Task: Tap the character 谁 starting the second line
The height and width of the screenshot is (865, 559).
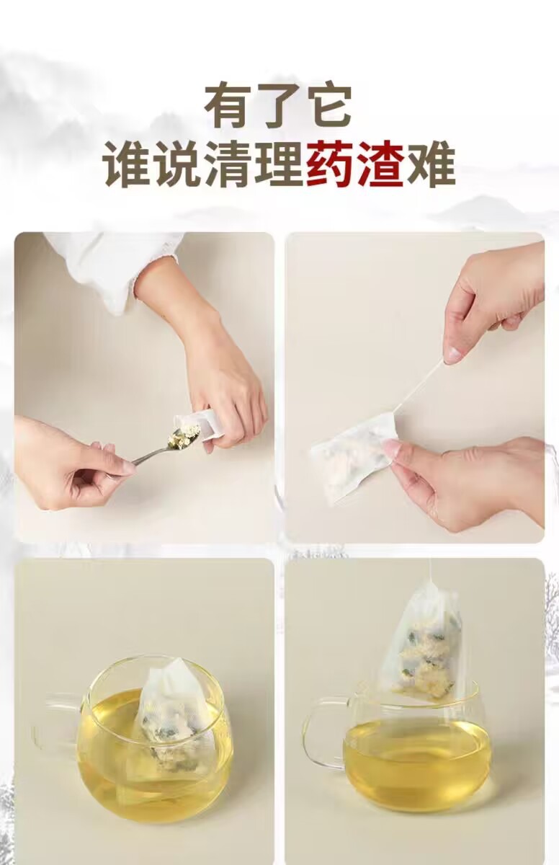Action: (x=129, y=166)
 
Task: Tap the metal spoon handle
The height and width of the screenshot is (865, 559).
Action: (x=148, y=456)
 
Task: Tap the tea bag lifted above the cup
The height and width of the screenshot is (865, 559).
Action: (x=421, y=642)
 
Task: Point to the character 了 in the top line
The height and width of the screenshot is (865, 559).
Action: (x=278, y=106)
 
